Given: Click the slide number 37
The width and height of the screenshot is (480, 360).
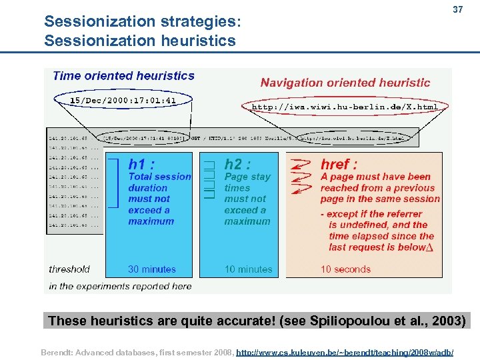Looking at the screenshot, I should click(x=457, y=11).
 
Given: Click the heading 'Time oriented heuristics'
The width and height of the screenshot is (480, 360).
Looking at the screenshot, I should click(x=123, y=76).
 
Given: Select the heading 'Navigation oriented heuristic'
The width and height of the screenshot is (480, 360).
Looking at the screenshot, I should click(x=345, y=83).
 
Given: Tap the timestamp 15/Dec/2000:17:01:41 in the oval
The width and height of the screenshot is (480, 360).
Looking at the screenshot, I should click(x=123, y=101).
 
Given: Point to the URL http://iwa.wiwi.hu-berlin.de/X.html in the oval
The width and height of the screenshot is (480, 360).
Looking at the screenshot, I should click(x=345, y=107).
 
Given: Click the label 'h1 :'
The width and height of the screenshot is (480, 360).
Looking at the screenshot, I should click(x=142, y=164).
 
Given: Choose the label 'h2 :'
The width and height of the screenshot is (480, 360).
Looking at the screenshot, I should click(x=237, y=164).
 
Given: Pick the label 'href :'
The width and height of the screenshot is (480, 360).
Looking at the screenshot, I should click(x=339, y=164).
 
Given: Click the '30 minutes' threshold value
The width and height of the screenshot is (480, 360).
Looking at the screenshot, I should click(x=152, y=269).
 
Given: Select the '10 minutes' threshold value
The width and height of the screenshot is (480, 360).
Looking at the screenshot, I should click(x=248, y=269).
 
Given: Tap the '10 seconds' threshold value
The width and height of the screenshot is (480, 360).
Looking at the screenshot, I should click(x=345, y=269).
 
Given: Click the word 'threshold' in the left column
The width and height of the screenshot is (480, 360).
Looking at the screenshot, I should click(x=69, y=269).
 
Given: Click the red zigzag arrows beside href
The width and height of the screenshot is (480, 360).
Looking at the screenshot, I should click(x=301, y=177).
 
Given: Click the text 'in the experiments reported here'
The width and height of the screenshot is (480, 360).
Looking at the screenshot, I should click(x=120, y=286).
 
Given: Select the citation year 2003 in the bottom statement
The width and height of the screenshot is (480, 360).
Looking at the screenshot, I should click(x=450, y=321).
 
